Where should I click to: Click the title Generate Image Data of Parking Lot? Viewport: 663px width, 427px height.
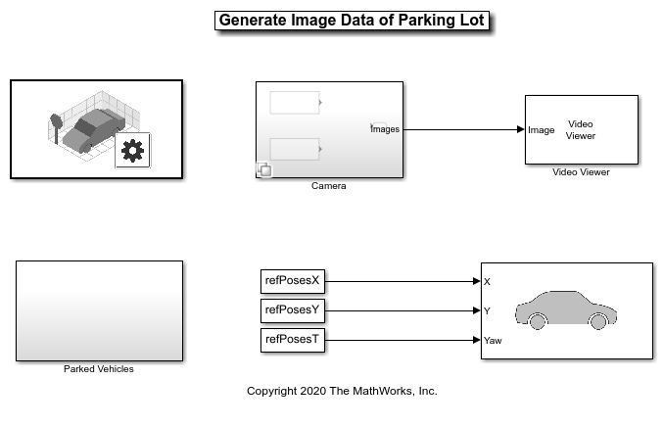point(352,21)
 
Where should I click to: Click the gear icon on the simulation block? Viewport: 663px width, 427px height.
point(132,151)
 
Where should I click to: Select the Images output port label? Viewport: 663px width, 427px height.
point(385,129)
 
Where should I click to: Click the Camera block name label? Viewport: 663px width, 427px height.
point(328,186)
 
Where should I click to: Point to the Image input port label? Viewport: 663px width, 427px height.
point(542,130)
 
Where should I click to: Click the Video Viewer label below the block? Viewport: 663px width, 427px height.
point(581,172)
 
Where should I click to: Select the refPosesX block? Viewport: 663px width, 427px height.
point(293,281)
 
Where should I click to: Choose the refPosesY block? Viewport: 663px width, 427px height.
point(293,310)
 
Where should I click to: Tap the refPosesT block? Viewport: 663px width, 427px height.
point(293,340)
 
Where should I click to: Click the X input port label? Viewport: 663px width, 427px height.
point(487,282)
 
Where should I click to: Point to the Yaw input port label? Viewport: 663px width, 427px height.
point(493,341)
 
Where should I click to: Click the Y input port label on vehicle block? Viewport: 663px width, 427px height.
point(487,311)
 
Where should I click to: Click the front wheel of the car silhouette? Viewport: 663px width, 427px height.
point(598,321)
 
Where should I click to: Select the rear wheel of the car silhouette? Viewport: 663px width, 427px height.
point(538,321)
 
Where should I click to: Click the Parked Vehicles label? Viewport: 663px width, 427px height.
point(99,369)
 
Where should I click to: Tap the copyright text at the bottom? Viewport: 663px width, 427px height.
point(342,391)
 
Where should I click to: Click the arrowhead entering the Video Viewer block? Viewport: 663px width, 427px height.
point(520,129)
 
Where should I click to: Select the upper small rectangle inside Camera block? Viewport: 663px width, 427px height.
point(295,103)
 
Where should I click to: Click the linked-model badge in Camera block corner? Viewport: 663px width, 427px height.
point(264,169)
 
